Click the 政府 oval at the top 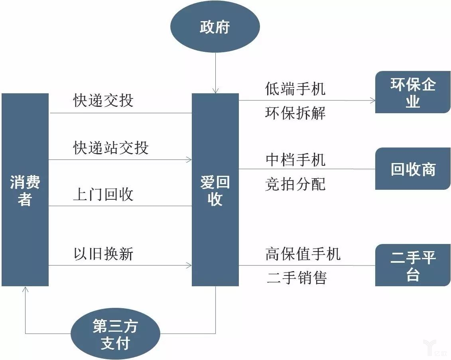pyautogui.click(x=215, y=28)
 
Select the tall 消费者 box pyautogui.click(x=25, y=190)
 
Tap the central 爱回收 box pyautogui.click(x=215, y=190)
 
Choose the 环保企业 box pyautogui.click(x=413, y=92)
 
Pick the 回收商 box pyautogui.click(x=413, y=169)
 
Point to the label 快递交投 pyautogui.click(x=103, y=101)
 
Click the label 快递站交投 pyautogui.click(x=111, y=148)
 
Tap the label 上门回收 pyautogui.click(x=103, y=195)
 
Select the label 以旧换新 pyautogui.click(x=103, y=254)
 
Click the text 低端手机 pyautogui.click(x=295, y=89)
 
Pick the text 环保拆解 pyautogui.click(x=295, y=113)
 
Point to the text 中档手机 pyautogui.click(x=295, y=159)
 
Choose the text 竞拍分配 pyautogui.click(x=295, y=184)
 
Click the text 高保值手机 pyautogui.click(x=303, y=254)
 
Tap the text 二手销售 pyautogui.click(x=297, y=278)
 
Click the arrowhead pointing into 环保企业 pyautogui.click(x=372, y=100)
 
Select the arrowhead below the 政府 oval pyautogui.click(x=215, y=90)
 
